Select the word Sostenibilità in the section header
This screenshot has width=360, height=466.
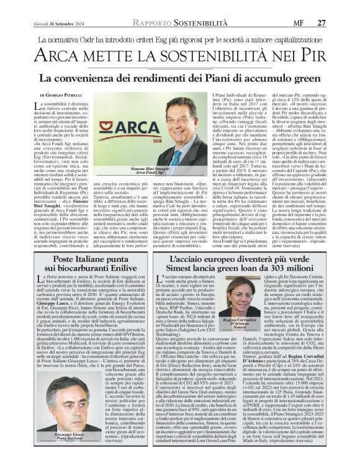click(170, 6)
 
